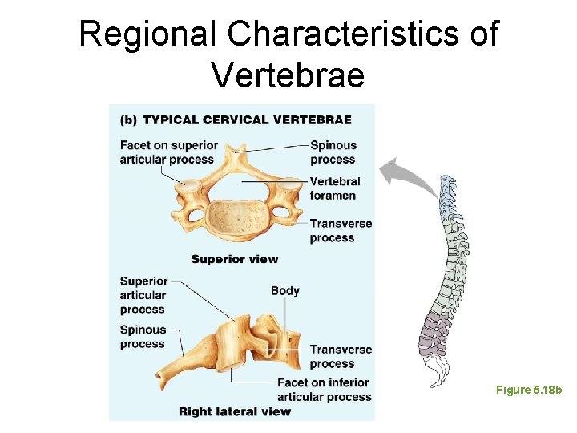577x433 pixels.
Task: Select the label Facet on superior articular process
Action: coord(168,152)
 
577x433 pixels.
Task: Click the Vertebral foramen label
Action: coord(334,188)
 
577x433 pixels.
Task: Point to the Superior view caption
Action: coord(235,259)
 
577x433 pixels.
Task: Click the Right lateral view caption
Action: coord(235,411)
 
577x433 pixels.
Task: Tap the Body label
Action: coord(285,290)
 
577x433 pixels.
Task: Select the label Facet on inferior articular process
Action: coord(324,390)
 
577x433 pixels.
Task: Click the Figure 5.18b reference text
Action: coord(529,390)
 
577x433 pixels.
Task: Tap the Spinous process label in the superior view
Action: coord(333,152)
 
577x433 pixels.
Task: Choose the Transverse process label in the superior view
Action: coord(341,230)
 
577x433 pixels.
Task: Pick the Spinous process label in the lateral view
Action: coord(143,337)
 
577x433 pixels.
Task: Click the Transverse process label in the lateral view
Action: coord(341,357)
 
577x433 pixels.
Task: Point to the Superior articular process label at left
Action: coord(143,295)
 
